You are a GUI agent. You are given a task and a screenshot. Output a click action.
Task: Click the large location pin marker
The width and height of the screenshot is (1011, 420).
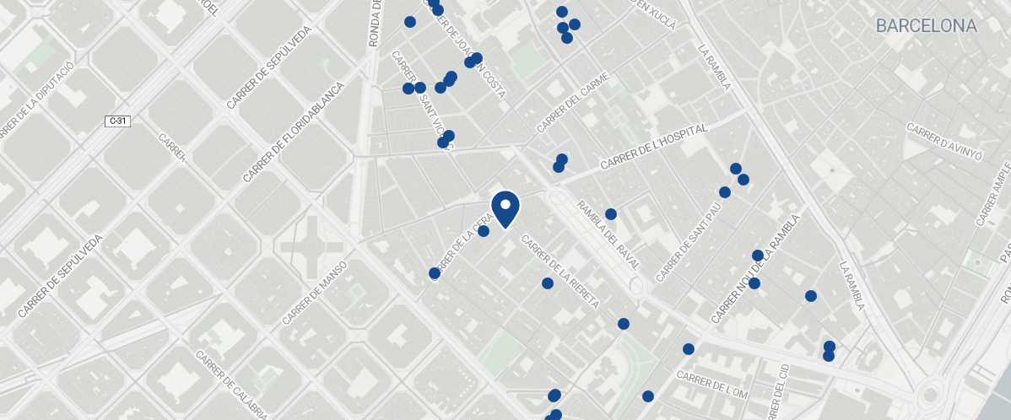[505, 208]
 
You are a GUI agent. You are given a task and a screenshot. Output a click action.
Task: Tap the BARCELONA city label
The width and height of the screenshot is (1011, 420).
[926, 26]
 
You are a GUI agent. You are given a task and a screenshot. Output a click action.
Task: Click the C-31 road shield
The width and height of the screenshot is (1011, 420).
[118, 121]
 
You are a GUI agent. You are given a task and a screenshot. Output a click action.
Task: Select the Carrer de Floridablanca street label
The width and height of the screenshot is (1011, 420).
[293, 132]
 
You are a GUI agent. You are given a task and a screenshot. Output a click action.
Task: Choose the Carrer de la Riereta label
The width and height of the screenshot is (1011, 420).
[560, 272]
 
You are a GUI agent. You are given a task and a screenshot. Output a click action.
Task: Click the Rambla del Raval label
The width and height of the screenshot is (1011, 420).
[608, 234]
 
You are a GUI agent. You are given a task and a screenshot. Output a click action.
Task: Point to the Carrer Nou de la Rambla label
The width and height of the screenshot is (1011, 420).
[754, 269]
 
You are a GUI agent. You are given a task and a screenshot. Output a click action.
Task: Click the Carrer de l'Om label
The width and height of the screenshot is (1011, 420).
[712, 385]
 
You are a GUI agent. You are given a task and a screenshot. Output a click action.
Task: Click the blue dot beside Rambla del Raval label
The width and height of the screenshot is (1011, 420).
[611, 214]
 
